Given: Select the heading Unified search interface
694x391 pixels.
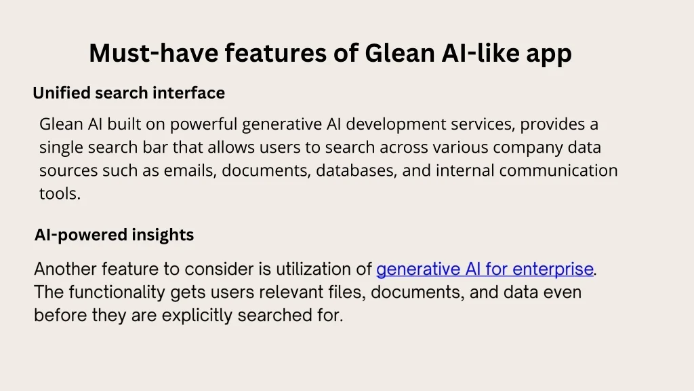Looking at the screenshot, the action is (129, 92).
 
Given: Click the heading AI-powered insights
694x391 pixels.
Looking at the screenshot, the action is (114, 234).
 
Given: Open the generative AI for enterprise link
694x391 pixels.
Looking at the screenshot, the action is (485, 269).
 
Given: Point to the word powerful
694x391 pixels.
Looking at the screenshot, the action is (204, 124).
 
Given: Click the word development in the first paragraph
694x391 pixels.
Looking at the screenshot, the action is (396, 124).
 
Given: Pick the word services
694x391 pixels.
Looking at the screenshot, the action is (483, 125).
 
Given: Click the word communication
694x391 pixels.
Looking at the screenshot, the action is (558, 170).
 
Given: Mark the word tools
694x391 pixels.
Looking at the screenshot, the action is (60, 193).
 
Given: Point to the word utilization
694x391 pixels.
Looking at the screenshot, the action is (308, 269).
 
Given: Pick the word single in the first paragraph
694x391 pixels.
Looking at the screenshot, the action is (61, 147).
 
